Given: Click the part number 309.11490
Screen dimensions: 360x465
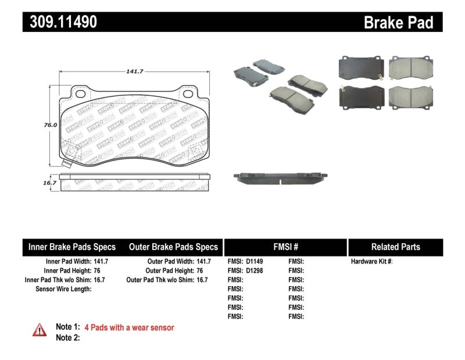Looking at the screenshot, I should [x=60, y=22].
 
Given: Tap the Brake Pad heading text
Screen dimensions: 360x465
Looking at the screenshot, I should [x=398, y=22].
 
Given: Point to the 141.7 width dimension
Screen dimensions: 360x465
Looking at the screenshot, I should [x=135, y=71].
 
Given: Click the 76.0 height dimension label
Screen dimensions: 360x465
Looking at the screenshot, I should [x=51, y=125].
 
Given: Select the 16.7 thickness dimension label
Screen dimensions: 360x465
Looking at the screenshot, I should [x=51, y=183].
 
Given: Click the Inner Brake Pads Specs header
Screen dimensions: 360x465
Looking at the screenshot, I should [x=72, y=247].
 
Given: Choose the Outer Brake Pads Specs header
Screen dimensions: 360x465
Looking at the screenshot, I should [x=173, y=247].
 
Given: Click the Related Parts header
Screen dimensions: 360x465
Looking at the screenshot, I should [x=395, y=247].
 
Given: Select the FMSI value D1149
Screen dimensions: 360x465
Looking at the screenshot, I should [x=254, y=262].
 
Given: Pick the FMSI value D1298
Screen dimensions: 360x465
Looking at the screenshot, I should [x=254, y=270].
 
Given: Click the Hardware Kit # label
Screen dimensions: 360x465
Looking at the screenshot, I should [x=371, y=262].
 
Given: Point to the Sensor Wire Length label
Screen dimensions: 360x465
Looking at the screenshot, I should [x=63, y=288].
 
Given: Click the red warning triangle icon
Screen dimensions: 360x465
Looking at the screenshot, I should [x=40, y=330].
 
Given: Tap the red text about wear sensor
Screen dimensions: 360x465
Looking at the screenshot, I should [x=129, y=327].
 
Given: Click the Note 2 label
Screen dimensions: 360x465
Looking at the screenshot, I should [x=67, y=337].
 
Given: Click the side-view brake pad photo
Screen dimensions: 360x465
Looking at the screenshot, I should [x=281, y=177].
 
